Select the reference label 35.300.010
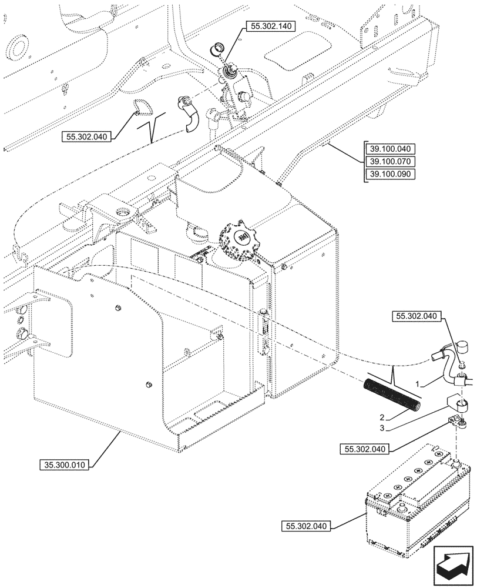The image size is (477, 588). coord(65,465)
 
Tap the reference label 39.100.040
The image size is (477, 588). coord(390,149)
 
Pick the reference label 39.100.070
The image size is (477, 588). coord(390,161)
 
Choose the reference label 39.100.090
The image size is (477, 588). coord(390,173)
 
